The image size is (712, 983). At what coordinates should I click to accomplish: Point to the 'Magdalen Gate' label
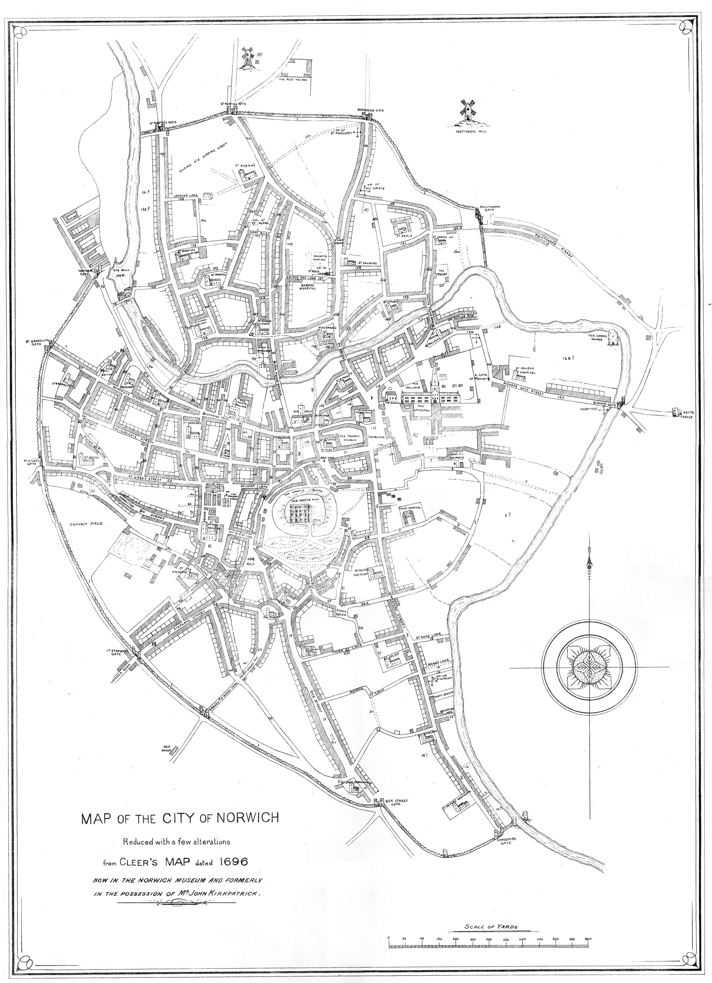click(370, 110)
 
